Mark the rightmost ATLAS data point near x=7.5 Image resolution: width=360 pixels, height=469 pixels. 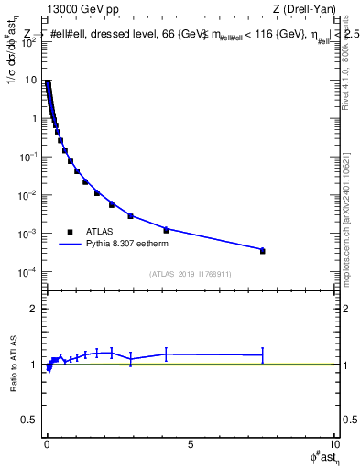[x=262, y=250]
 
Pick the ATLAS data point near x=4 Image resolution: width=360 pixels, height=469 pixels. [x=166, y=230]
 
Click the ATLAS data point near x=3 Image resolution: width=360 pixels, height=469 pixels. [x=131, y=216]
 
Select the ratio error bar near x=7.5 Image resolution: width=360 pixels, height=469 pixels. [x=262, y=354]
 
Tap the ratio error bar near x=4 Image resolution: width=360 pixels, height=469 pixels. [x=166, y=354]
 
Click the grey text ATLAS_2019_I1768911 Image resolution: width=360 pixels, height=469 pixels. [x=191, y=275]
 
